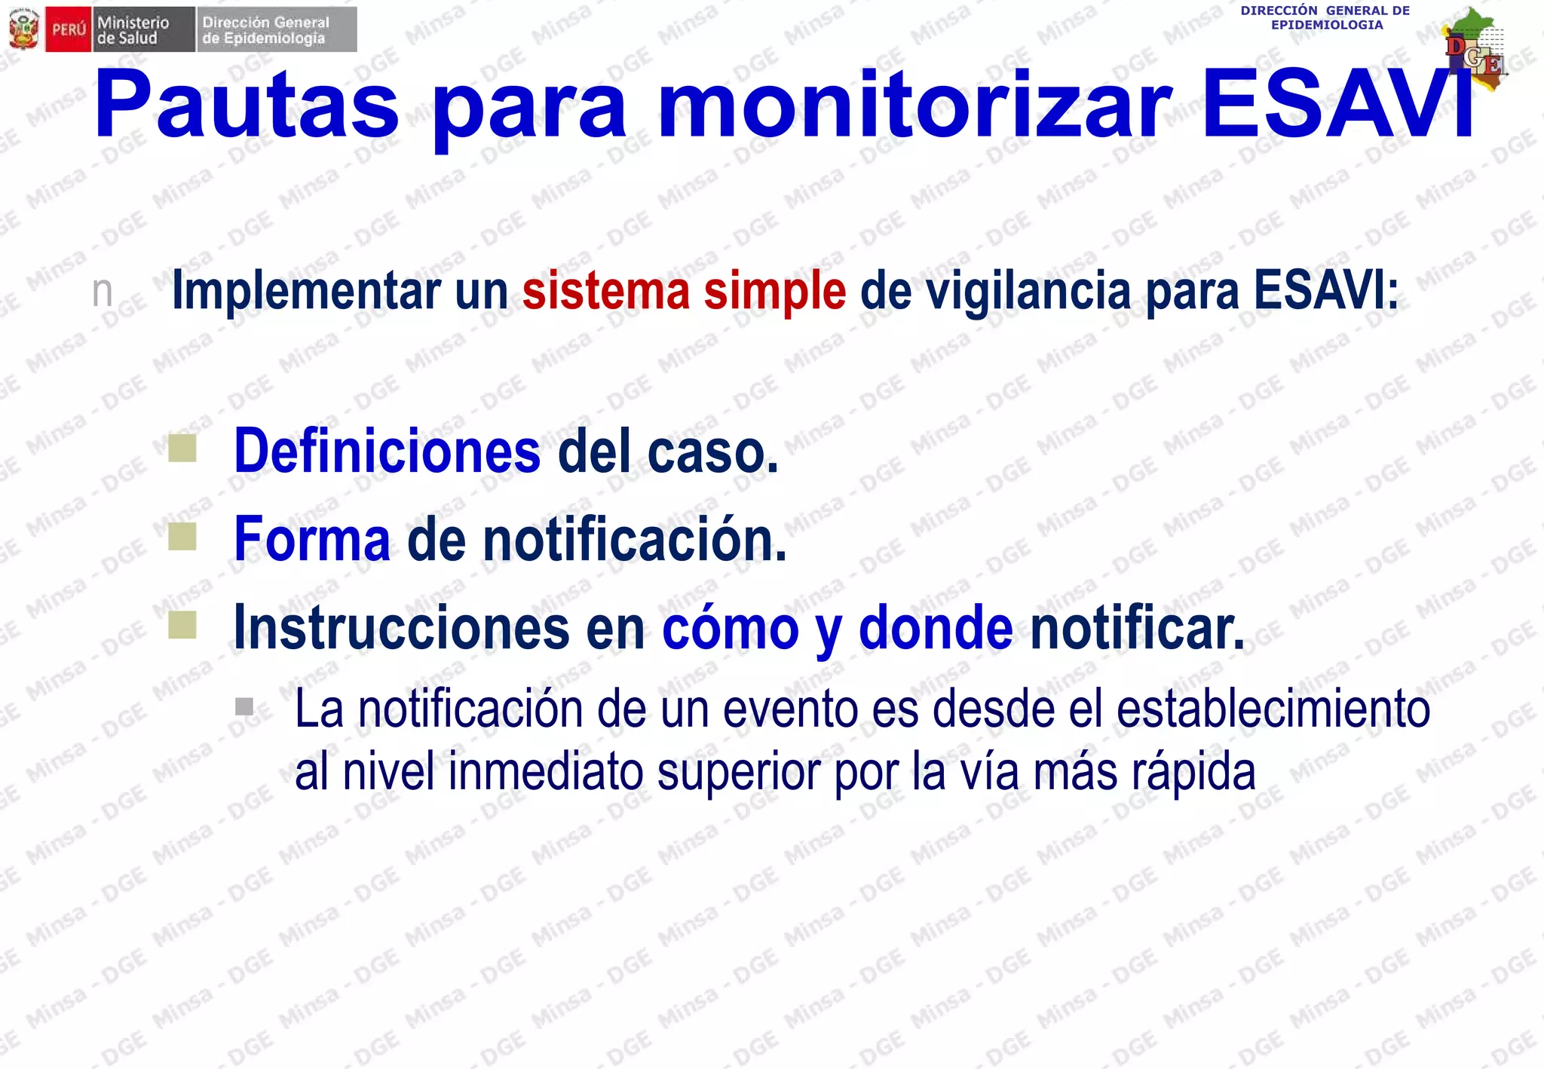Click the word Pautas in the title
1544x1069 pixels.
pos(246,106)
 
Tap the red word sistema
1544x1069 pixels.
pos(605,291)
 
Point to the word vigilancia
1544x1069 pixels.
pos(1028,291)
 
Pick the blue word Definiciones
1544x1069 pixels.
pos(387,451)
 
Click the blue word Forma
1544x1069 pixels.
pos(312,539)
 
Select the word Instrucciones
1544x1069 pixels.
pos(401,627)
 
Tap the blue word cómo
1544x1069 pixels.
pos(730,627)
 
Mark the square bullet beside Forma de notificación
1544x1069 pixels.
pos(182,536)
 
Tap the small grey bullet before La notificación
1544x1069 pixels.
pos(244,706)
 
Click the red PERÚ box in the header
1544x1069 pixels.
pos(69,30)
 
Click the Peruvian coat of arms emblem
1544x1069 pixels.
pos(23,29)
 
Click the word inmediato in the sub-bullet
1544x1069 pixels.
pos(545,772)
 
